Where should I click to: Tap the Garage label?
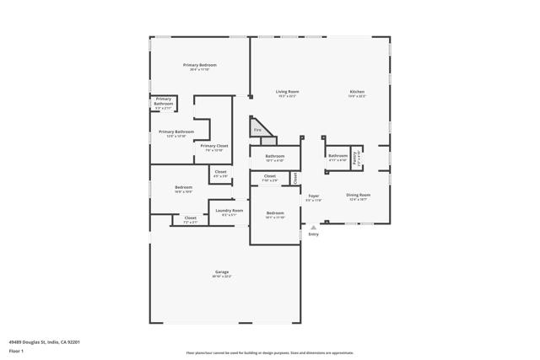222,273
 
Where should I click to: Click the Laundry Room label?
229,212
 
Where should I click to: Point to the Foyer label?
313,197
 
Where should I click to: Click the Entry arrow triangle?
313,227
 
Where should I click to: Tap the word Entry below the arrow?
313,234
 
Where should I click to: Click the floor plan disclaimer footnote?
269,353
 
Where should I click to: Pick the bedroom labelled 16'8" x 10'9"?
183,189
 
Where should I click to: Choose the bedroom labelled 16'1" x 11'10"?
275,215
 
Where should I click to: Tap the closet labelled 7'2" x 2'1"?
190,219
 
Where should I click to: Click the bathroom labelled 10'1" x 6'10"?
274,158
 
